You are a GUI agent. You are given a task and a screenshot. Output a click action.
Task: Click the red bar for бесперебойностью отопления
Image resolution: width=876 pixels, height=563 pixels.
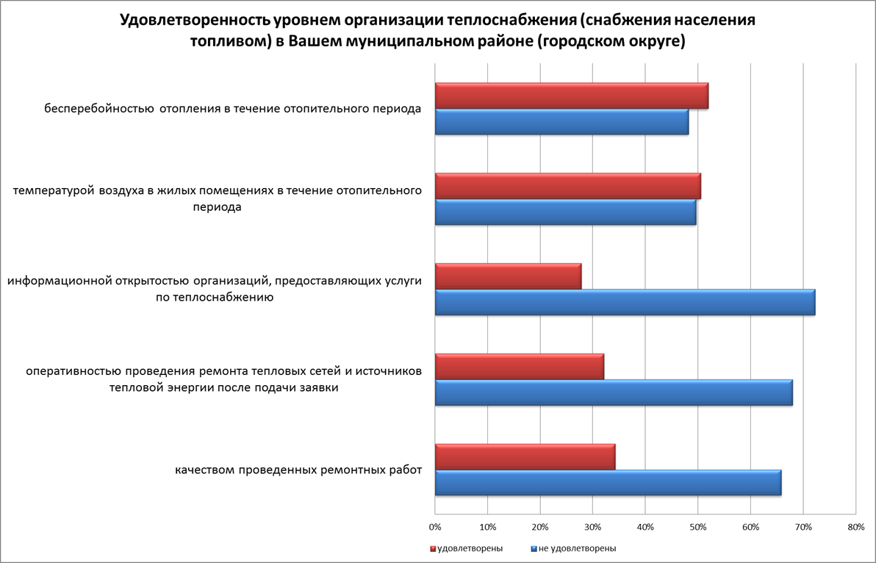(571, 96)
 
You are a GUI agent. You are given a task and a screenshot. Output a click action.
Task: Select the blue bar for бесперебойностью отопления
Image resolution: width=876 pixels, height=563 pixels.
(561, 122)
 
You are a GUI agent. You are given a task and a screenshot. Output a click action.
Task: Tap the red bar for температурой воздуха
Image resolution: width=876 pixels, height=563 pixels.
(567, 186)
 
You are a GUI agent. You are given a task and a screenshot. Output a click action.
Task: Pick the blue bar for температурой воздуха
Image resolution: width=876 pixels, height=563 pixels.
(565, 212)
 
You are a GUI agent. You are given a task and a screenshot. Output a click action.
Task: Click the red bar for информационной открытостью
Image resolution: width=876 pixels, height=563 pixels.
(508, 276)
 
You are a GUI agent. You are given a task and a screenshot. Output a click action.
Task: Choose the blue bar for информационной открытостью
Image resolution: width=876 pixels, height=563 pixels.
(625, 302)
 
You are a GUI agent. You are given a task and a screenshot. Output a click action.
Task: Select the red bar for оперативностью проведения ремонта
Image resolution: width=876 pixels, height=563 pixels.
(519, 366)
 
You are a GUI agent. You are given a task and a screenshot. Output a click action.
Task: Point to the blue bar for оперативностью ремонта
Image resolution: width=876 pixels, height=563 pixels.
(614, 392)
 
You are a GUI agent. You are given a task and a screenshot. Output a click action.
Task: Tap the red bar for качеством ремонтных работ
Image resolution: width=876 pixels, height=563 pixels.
(525, 456)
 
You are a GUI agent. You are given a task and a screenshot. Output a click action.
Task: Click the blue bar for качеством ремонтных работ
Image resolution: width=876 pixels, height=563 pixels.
(608, 483)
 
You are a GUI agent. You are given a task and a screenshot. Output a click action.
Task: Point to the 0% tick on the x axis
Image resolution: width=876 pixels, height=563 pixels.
(435, 527)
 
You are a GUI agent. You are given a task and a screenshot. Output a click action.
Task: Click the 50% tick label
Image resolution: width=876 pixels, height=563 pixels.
(698, 527)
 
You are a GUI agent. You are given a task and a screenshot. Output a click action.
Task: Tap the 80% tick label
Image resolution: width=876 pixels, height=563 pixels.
(855, 527)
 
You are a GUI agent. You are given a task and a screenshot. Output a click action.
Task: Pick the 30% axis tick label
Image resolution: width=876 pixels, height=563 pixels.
(593, 527)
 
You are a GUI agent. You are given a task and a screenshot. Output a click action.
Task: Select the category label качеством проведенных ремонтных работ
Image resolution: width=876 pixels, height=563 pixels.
(298, 470)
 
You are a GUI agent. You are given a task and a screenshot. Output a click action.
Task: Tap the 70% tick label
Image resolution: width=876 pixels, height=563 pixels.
(803, 527)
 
